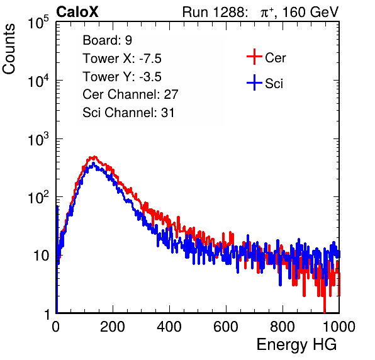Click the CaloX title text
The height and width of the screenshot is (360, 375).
tap(77, 12)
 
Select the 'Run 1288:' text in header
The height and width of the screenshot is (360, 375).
tap(215, 12)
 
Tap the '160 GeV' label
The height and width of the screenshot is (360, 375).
tap(310, 12)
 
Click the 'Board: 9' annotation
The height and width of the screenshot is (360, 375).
tap(107, 40)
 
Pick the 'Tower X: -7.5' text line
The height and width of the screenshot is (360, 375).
tap(122, 59)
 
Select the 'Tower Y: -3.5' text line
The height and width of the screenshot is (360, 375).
tap(122, 77)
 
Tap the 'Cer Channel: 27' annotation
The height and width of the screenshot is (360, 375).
tap(130, 94)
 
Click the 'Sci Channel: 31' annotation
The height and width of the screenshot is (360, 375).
tap(128, 113)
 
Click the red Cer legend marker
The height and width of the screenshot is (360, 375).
tap(254, 57)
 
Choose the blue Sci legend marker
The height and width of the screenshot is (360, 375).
tap(254, 83)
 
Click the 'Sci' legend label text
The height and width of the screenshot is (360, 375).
tap(274, 84)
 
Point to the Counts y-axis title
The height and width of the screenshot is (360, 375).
tap(9, 49)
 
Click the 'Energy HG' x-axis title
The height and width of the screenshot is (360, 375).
tap(296, 345)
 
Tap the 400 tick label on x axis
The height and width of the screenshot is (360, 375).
tap(169, 327)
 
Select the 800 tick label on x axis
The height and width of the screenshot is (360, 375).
tap(283, 327)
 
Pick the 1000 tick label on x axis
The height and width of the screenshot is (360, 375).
tap(339, 327)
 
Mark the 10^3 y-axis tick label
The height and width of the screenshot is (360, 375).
tap(38, 139)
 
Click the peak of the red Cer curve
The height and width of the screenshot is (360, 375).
tap(94, 157)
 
